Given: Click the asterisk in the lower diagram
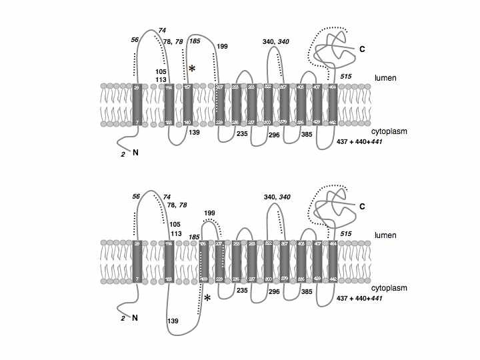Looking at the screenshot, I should click(x=208, y=298).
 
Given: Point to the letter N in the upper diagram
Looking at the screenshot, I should click(x=136, y=153).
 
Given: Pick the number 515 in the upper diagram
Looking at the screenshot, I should click(x=345, y=77).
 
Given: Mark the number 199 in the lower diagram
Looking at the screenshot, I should click(x=210, y=213).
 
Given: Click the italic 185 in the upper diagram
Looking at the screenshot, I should click(x=195, y=42).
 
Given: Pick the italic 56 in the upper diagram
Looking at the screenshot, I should click(x=135, y=39).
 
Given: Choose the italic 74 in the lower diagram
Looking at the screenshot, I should click(x=167, y=197).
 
